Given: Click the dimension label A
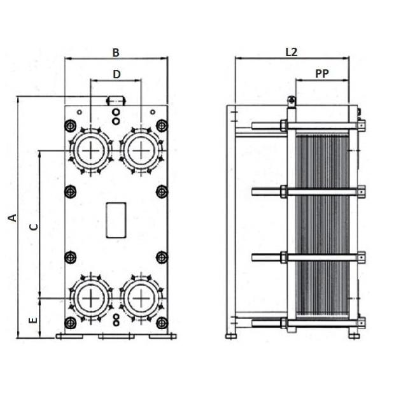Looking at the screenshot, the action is (x=13, y=218).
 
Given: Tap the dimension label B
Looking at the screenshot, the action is (x=116, y=53).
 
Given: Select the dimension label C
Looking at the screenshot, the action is (x=34, y=227).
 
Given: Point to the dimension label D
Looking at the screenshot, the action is (x=116, y=74).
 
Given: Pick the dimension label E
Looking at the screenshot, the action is (x=33, y=320).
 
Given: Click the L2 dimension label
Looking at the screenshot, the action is (x=292, y=52).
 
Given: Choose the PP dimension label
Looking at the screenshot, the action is (x=322, y=74).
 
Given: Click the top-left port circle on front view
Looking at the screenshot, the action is (x=91, y=150).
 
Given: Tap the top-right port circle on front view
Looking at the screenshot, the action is (x=141, y=150).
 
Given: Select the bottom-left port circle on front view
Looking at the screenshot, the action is (x=91, y=299).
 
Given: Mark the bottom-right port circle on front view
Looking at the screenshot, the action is (x=141, y=299).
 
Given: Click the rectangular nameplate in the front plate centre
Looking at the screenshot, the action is (x=116, y=220).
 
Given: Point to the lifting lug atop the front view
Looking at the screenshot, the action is (x=116, y=101).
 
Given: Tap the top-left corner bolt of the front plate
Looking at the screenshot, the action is (x=71, y=125).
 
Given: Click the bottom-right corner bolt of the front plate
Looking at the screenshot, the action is (x=162, y=323).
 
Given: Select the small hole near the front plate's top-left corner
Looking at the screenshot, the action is (x=79, y=112).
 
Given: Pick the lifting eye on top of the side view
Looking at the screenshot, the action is (x=292, y=100).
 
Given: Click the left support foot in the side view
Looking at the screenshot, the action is (x=231, y=336).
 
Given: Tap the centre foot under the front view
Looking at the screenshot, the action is (x=116, y=336).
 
